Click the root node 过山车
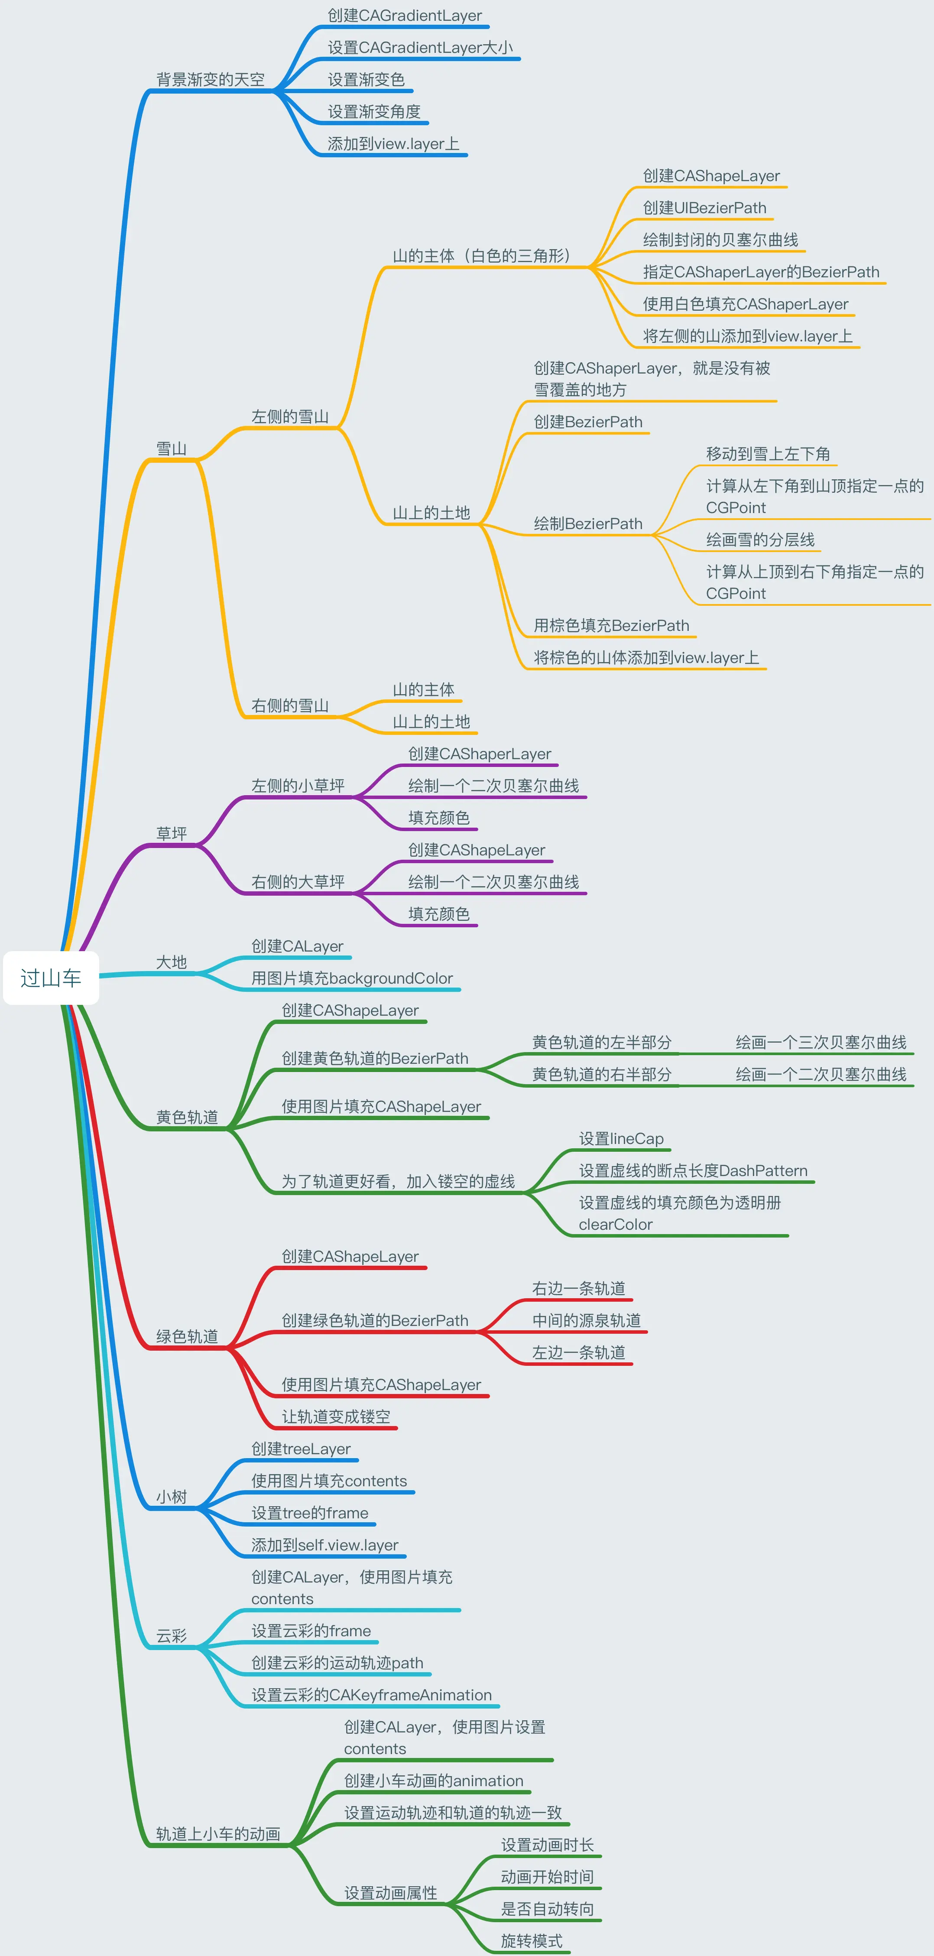[51, 978]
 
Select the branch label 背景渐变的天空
[211, 80]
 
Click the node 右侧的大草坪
[298, 881]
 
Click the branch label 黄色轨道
[187, 1117]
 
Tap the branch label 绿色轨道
[187, 1336]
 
